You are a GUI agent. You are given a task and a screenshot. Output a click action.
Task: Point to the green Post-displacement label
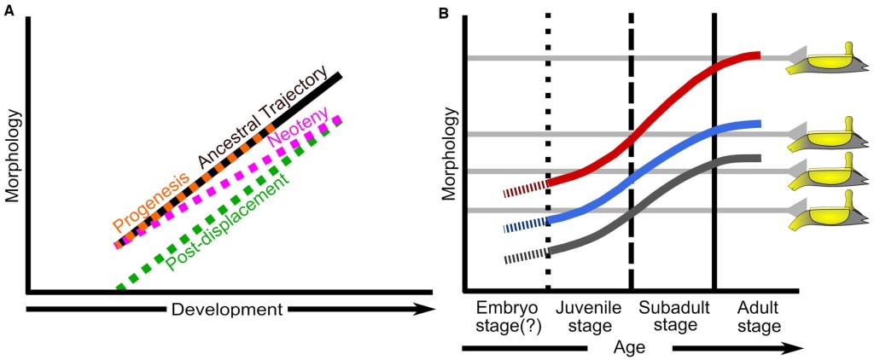tap(228, 223)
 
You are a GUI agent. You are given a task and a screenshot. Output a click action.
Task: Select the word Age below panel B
tap(629, 348)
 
